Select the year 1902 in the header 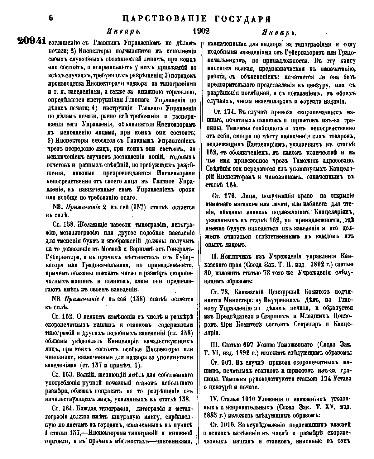pos(201,31)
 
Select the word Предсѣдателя pos(237,316)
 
